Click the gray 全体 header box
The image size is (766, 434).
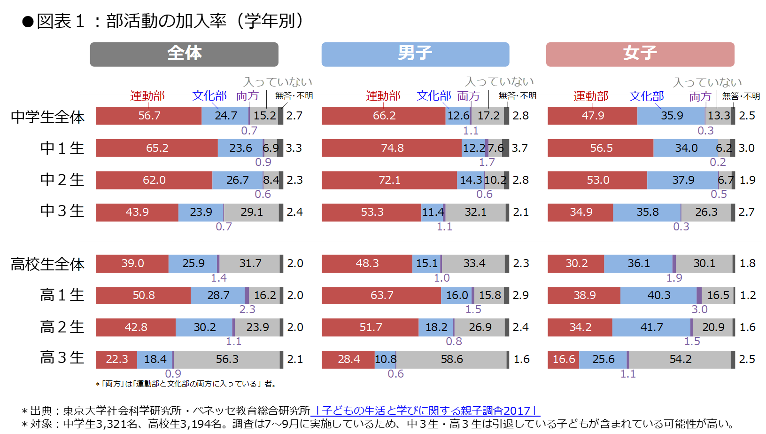pos(184,54)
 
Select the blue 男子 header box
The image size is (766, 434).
pos(415,54)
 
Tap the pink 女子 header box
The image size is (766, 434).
pos(640,54)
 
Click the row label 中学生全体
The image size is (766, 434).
pos(47,117)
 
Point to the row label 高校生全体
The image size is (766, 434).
pos(47,264)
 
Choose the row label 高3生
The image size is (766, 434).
pos(62,358)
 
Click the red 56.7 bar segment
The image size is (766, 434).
pos(149,116)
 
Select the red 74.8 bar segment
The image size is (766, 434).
pos(392,148)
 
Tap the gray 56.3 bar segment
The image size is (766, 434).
pos(227,360)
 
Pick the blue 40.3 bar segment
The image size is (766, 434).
pos(658,295)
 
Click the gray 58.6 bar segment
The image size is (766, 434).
pos(451,360)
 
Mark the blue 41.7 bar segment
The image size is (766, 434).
pos(651,327)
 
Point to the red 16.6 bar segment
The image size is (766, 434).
pos(564,360)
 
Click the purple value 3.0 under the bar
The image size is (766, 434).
pos(699,309)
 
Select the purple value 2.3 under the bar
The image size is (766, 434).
pos(247,309)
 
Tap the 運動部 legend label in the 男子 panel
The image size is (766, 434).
pos(383,96)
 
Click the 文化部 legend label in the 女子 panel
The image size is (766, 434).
pos(647,96)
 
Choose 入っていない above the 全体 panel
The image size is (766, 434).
pos(278,82)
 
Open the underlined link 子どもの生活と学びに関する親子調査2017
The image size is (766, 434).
pos(426,410)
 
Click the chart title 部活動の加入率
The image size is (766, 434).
pos(166,21)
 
